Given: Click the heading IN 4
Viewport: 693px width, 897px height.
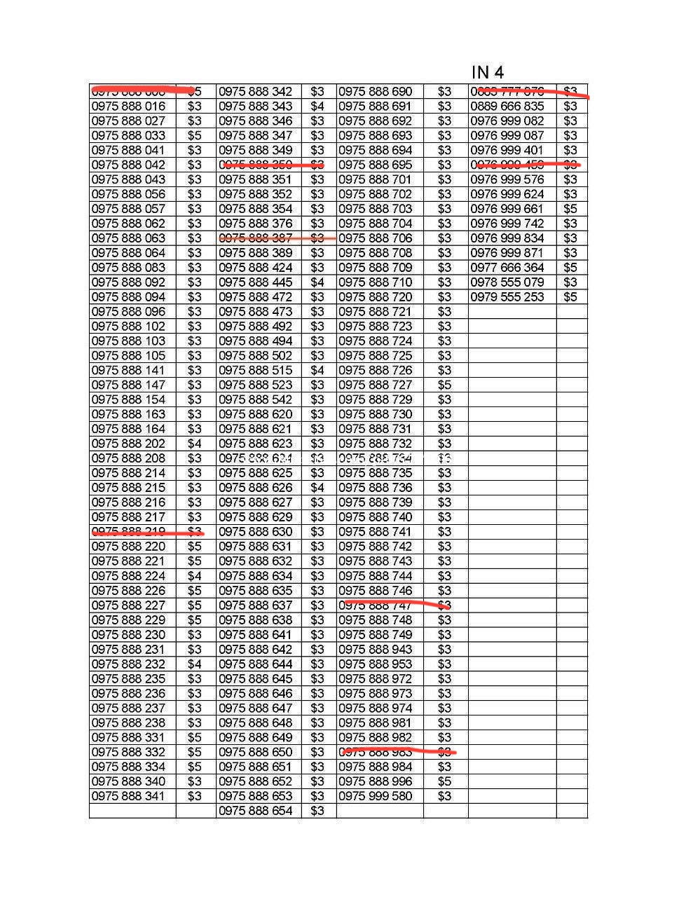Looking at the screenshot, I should click(x=488, y=72).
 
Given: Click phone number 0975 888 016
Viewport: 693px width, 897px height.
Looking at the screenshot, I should click(x=129, y=107).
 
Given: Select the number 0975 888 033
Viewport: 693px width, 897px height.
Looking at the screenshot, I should click(x=129, y=136).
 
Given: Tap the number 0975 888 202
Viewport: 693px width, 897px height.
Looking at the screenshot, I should click(x=129, y=444).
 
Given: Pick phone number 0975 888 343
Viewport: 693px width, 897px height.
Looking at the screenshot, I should click(x=256, y=107).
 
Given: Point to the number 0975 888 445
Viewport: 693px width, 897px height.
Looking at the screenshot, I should click(x=256, y=282).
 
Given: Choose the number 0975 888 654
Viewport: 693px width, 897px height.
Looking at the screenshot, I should click(x=256, y=811).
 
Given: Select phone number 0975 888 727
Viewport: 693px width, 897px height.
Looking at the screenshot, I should click(x=376, y=385).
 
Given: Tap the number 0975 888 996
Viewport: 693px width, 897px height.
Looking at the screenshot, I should click(x=376, y=781).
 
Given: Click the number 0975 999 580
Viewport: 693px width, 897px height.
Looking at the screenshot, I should click(x=376, y=796).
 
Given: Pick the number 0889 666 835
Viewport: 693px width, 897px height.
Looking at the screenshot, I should click(x=507, y=107).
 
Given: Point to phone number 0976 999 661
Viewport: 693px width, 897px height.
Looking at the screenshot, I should click(x=507, y=209).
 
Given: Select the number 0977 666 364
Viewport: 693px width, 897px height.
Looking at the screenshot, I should click(x=507, y=268).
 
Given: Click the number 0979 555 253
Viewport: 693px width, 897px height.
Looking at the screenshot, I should click(x=507, y=297).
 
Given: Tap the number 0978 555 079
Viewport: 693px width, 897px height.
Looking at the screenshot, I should click(x=507, y=282).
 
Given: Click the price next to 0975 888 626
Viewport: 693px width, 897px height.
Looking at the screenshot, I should click(x=317, y=488).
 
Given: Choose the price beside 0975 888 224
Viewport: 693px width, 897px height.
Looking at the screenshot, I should click(x=194, y=576).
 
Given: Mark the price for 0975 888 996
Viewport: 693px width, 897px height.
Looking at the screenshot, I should click(x=445, y=781).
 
